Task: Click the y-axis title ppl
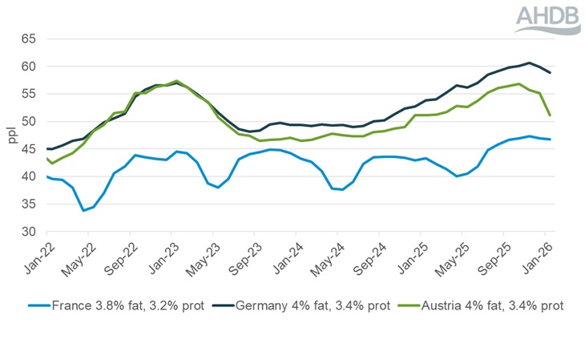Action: (x=12, y=136)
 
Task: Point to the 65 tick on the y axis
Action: (x=28, y=38)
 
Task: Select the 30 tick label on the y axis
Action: (x=28, y=232)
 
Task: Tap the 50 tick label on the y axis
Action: (x=28, y=121)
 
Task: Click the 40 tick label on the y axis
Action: (x=28, y=176)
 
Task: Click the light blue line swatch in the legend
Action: (x=37, y=305)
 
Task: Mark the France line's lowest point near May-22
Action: (x=83, y=210)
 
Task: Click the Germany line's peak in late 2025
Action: (x=529, y=63)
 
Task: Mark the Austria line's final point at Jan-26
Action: (x=549, y=115)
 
